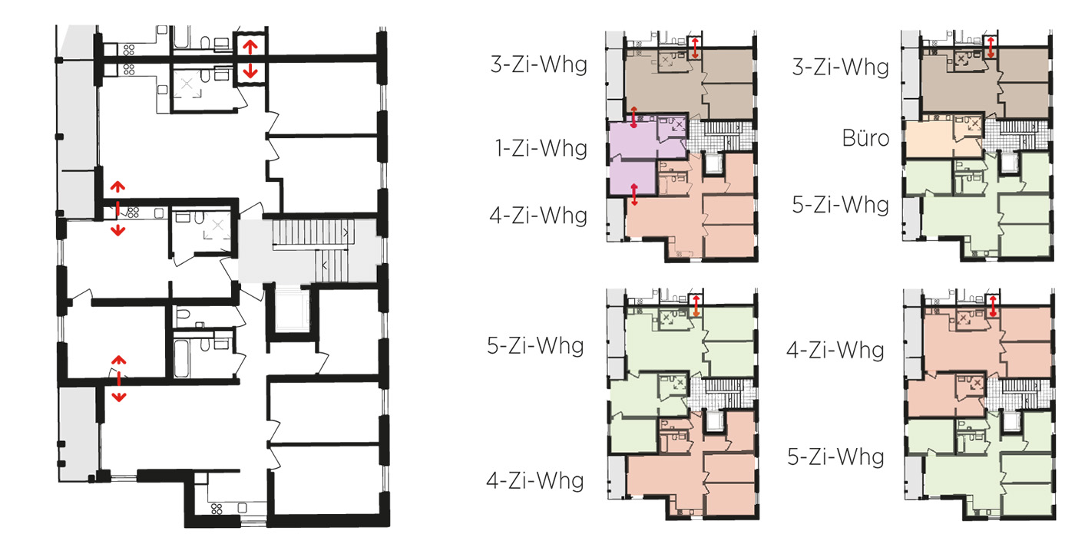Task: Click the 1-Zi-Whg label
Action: (541, 148)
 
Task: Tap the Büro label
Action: (866, 139)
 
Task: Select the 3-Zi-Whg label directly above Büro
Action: (841, 67)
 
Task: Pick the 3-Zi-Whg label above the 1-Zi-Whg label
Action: (539, 64)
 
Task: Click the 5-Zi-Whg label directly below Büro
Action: (841, 205)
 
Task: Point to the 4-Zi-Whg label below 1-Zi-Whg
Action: (538, 216)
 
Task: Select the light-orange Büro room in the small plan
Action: (928, 139)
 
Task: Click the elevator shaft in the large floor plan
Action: (291, 309)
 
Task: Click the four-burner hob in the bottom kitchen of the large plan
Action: (217, 509)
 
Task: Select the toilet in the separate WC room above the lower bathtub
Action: (183, 315)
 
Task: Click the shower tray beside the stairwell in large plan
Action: (218, 226)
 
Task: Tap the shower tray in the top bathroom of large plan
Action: (187, 84)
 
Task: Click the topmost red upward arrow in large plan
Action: (250, 47)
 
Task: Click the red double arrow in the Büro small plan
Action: (991, 47)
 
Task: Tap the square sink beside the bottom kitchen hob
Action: (243, 508)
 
